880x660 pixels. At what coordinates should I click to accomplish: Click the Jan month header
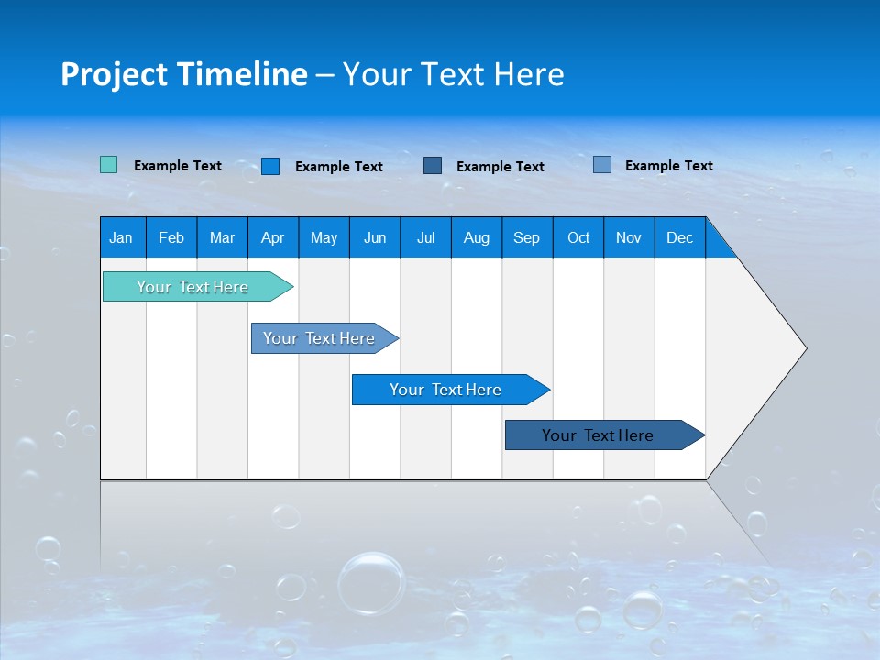(x=121, y=237)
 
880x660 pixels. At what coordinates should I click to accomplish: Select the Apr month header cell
(x=272, y=237)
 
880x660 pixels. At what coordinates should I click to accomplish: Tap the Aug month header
(x=476, y=237)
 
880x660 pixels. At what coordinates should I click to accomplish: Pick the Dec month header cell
(x=679, y=237)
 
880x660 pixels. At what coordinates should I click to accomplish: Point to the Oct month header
(x=577, y=237)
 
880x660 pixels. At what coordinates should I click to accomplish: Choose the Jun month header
(x=374, y=237)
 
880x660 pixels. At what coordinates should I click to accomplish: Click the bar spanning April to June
(x=321, y=338)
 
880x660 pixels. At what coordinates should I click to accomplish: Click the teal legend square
(x=108, y=165)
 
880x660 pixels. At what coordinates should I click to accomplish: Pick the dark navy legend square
(x=433, y=165)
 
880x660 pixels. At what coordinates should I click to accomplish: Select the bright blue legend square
(x=270, y=166)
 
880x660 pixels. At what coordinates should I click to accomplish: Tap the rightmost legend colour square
(x=601, y=165)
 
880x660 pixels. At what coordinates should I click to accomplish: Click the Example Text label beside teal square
(x=178, y=166)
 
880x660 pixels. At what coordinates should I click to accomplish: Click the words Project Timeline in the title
(x=183, y=74)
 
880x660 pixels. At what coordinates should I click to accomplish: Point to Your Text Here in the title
(x=454, y=74)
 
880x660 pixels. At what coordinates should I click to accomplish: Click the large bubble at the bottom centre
(x=371, y=582)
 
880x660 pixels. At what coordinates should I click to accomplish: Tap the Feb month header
(x=171, y=237)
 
